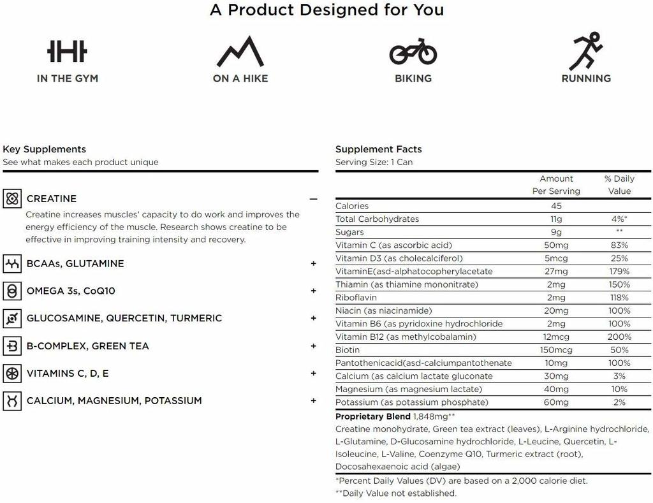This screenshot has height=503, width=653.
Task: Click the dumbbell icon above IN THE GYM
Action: pyautogui.click(x=67, y=52)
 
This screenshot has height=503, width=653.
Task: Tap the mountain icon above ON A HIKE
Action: pyautogui.click(x=240, y=52)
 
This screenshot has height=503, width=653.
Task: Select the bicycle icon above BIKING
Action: pyautogui.click(x=413, y=52)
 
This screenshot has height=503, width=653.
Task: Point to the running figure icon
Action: pyautogui.click(x=586, y=51)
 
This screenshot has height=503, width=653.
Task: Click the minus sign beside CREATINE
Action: pyautogui.click(x=313, y=199)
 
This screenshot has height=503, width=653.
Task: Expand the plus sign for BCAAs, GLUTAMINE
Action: pyautogui.click(x=313, y=263)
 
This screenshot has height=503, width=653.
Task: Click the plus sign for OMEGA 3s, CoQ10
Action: pyautogui.click(x=313, y=291)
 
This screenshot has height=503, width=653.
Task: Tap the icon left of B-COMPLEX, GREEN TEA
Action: pyautogui.click(x=12, y=346)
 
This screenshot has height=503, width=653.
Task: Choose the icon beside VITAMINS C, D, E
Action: pyautogui.click(x=12, y=374)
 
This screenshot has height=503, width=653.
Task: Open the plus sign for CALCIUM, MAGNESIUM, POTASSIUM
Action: pyautogui.click(x=313, y=401)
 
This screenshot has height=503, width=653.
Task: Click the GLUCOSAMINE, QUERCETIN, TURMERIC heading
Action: pyautogui.click(x=124, y=318)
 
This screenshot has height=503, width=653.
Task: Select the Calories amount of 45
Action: pyautogui.click(x=556, y=206)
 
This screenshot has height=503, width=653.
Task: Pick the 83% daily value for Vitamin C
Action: pyautogui.click(x=619, y=245)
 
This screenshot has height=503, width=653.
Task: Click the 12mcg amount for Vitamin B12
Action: pyautogui.click(x=556, y=337)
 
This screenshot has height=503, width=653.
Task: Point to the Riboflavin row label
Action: pyautogui.click(x=356, y=298)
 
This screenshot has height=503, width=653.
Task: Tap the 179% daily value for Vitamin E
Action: pyautogui.click(x=619, y=272)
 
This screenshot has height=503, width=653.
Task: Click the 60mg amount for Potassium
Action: pyautogui.click(x=556, y=402)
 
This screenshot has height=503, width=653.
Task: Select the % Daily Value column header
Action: pyautogui.click(x=619, y=185)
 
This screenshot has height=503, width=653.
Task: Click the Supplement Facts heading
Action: pyautogui.click(x=378, y=149)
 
